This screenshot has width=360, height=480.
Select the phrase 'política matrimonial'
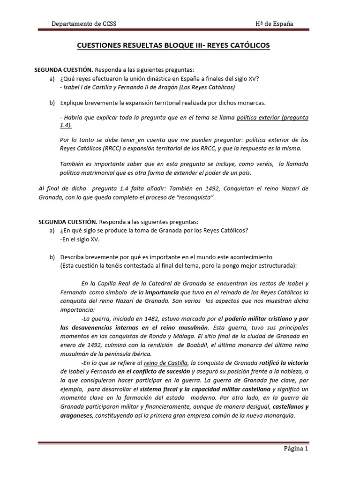(88, 172)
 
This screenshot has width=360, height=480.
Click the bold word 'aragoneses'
(76, 415)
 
